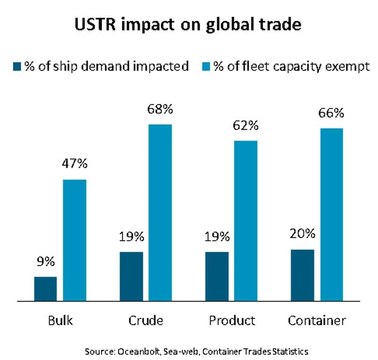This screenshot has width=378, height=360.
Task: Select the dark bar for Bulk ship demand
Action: coord(45,289)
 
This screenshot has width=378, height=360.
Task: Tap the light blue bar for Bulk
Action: coord(75,240)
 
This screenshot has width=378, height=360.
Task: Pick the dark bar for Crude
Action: coord(131,276)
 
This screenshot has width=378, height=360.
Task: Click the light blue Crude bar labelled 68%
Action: coord(160,213)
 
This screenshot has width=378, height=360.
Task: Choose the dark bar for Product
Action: coord(217,276)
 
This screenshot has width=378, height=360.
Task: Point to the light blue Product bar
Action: coord(246,221)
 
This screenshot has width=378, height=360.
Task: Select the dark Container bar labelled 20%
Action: coord(302,275)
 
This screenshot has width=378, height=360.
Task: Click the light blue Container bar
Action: coord(331,214)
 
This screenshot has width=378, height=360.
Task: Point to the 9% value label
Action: coord(46,261)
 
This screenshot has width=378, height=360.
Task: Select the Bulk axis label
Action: coord(60,320)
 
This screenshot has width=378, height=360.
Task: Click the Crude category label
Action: coord(146,320)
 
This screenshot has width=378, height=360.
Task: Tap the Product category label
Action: coord(232,320)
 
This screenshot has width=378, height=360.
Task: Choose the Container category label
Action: coord(317,320)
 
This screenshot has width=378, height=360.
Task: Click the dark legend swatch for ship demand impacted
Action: coord(18,66)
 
